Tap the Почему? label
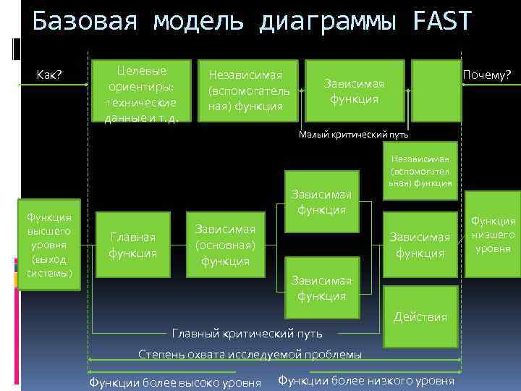pyautogui.click(x=488, y=75)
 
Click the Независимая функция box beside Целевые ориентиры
pyautogui.click(x=249, y=91)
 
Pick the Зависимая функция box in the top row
pyautogui.click(x=355, y=91)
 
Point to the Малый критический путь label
pyautogui.click(x=354, y=134)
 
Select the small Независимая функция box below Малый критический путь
pyautogui.click(x=420, y=171)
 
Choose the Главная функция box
pyautogui.click(x=132, y=245)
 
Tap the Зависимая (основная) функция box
pyautogui.click(x=224, y=245)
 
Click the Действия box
pyautogui.click(x=420, y=317)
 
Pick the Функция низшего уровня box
pyautogui.click(x=494, y=234)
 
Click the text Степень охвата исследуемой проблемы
pyautogui.click(x=250, y=354)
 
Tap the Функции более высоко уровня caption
pyautogui.click(x=174, y=382)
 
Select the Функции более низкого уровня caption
pyautogui.click(x=366, y=381)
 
